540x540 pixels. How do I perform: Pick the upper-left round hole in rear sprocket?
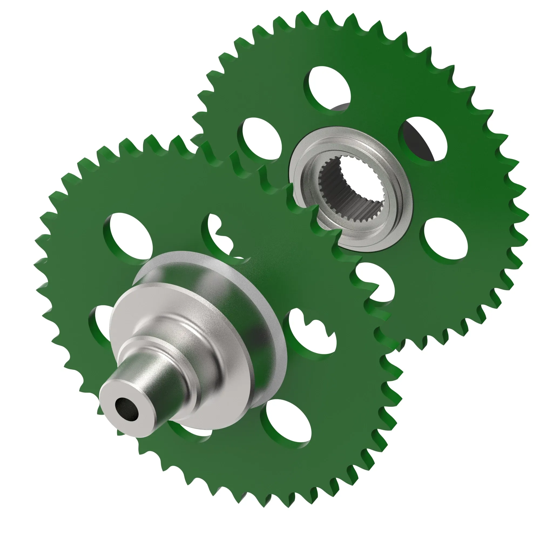click(x=261, y=138)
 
